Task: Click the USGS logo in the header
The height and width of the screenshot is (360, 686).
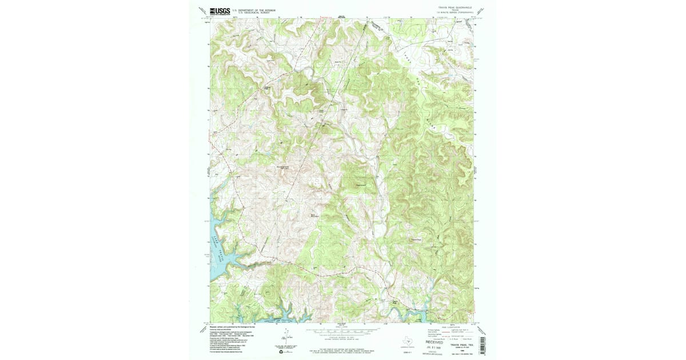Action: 220,10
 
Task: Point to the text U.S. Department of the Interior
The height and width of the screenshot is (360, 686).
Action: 254,9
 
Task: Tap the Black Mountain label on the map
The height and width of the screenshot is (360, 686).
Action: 313,215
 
